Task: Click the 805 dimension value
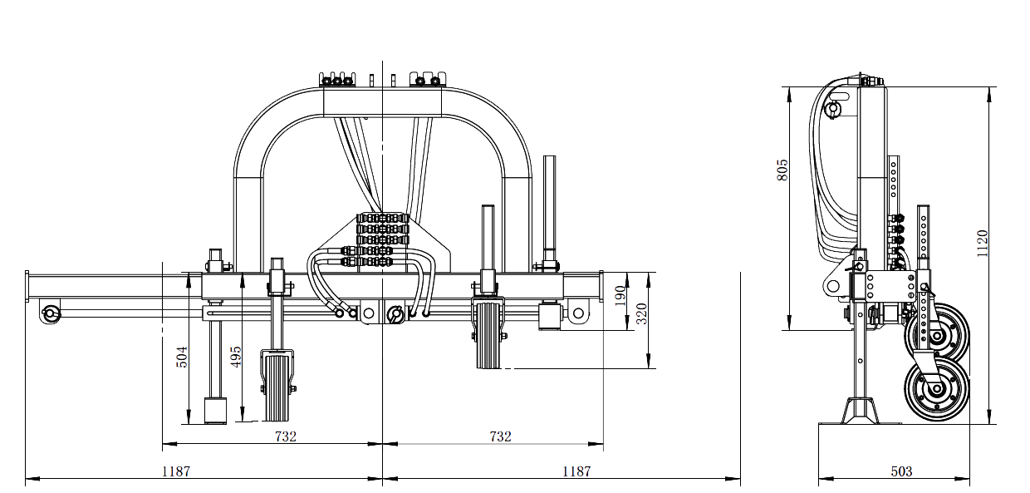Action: tap(782, 170)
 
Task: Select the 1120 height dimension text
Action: tap(983, 244)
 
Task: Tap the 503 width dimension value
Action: tap(901, 471)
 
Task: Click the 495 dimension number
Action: tap(237, 357)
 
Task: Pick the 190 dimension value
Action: tap(620, 296)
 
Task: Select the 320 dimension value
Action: tap(641, 313)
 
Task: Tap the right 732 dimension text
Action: tap(500, 436)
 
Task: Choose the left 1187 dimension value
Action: tap(176, 471)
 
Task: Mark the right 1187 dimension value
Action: tap(576, 471)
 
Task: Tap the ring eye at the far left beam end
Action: tap(51, 313)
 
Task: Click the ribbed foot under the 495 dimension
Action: tap(277, 387)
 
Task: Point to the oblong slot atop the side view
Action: tap(834, 108)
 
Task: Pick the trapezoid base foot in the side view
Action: tap(861, 411)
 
